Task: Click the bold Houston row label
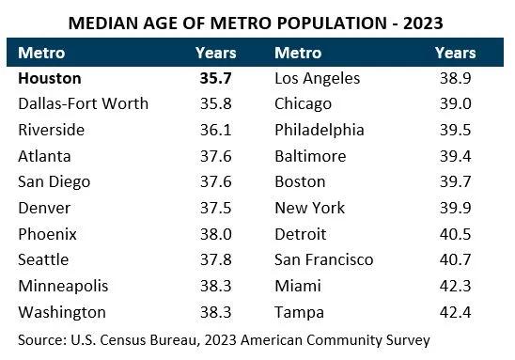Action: point(50,79)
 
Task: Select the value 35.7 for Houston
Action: point(215,79)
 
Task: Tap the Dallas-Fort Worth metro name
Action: point(83,104)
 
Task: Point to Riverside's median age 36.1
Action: point(215,131)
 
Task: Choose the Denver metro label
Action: point(44,208)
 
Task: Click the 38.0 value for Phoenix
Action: point(215,234)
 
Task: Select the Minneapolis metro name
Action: point(62,286)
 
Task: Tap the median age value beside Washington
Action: point(215,312)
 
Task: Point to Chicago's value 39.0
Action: point(456,104)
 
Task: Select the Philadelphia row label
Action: point(319,131)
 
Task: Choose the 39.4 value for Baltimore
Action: point(456,156)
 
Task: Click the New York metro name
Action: point(309,208)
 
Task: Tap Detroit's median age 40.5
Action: point(456,234)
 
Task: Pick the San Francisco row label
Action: point(323,260)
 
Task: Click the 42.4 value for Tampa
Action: point(456,312)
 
